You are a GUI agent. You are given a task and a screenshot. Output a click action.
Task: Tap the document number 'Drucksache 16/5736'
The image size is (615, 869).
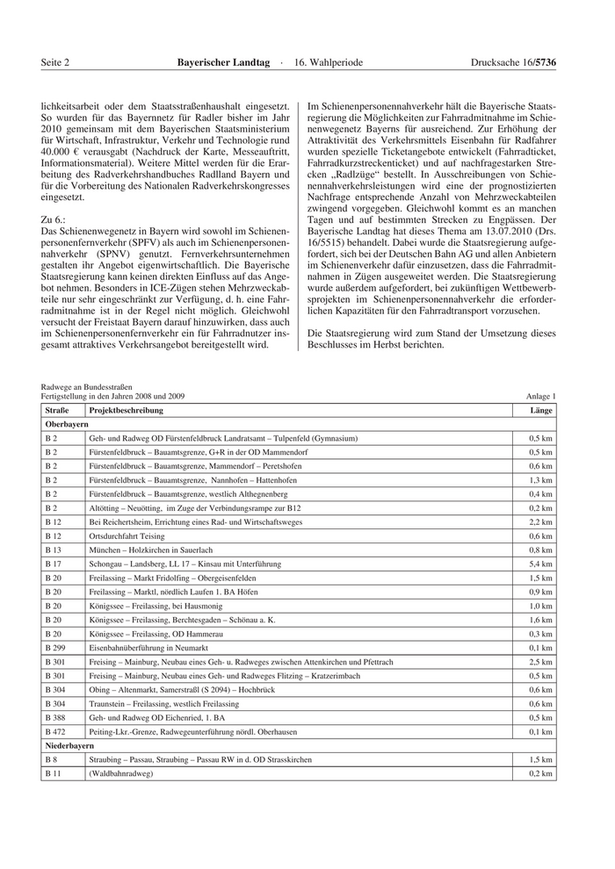[514, 63]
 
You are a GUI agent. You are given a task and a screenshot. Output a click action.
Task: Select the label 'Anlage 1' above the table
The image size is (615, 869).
[540, 397]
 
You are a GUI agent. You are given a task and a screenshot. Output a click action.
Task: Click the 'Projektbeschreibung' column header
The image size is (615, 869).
[126, 410]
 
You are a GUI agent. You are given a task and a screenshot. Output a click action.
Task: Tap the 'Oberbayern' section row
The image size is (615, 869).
[67, 424]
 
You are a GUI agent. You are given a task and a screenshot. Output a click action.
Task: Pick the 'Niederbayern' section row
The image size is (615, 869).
[69, 744]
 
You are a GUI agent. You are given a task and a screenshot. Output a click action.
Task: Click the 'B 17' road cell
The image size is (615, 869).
[54, 564]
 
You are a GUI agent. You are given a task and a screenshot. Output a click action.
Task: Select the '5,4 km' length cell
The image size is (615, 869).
[540, 564]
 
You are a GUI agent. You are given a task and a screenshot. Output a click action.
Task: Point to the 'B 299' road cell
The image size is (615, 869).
[55, 647]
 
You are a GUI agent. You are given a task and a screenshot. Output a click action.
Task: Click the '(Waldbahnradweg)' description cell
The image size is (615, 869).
[121, 773]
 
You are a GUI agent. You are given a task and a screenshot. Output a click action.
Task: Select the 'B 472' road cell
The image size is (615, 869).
[55, 731]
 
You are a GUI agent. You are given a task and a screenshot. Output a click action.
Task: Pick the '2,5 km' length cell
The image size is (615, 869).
[540, 661]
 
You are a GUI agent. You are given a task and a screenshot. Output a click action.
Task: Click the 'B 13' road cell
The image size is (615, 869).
[54, 549]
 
